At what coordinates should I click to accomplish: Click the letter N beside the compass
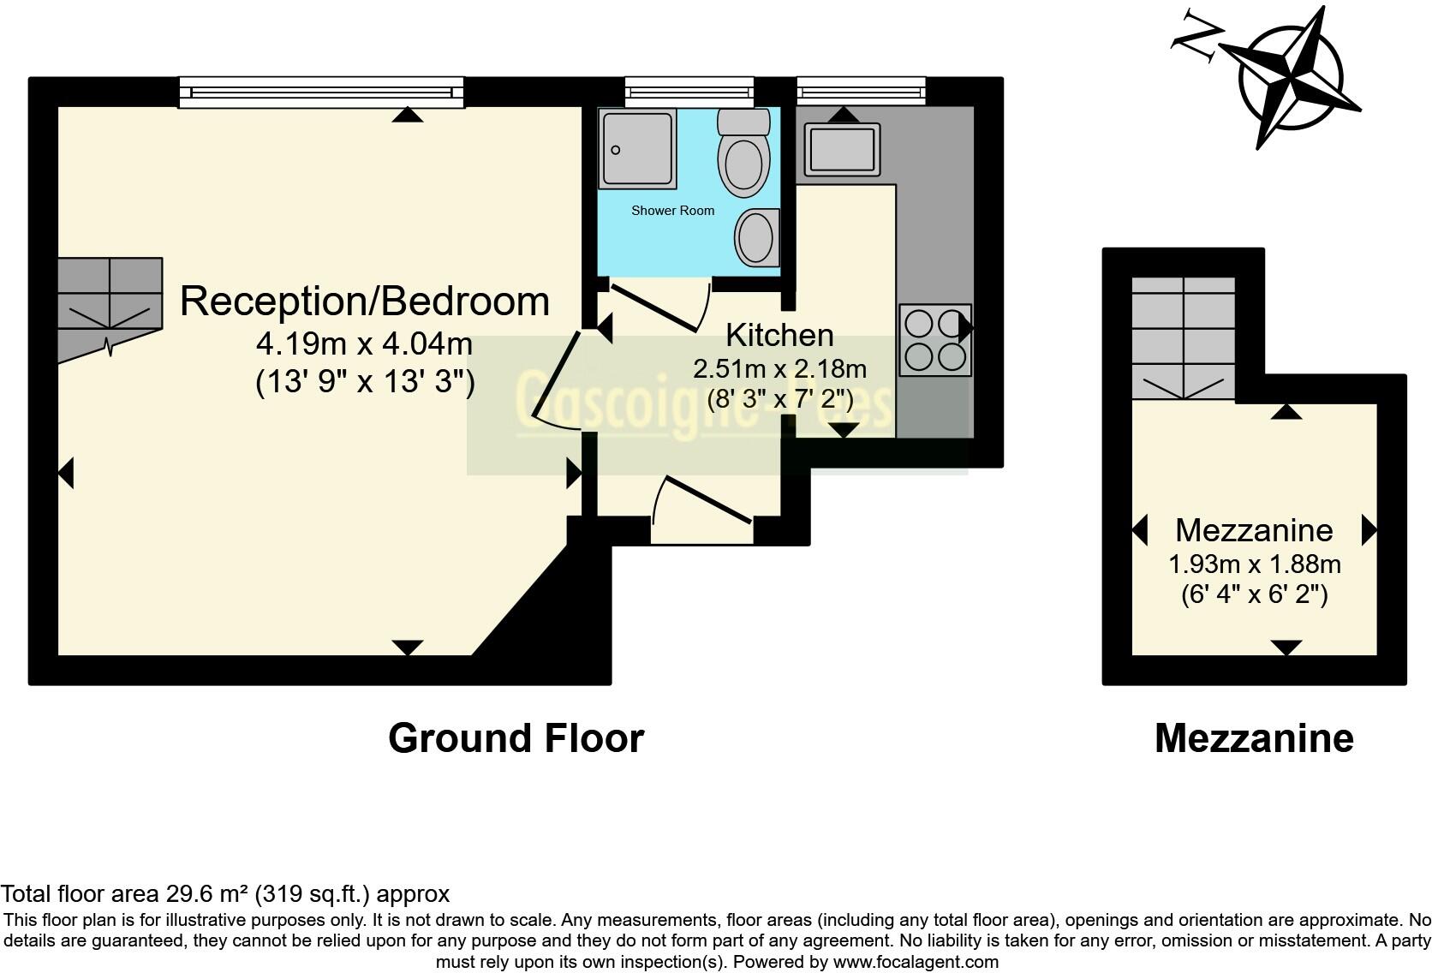[1196, 42]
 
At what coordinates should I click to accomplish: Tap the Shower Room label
[672, 211]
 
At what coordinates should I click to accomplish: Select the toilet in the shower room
[743, 155]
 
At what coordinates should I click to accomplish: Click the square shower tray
[636, 148]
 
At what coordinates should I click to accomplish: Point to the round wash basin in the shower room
[756, 237]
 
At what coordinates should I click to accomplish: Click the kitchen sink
[841, 149]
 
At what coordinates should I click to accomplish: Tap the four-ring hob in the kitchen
[934, 340]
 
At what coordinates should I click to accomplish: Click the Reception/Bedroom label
[364, 301]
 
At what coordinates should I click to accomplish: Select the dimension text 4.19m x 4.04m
[364, 344]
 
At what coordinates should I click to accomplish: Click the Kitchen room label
[779, 335]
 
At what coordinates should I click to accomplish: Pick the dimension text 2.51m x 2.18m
[779, 369]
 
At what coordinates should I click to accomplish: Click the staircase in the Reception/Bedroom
[110, 304]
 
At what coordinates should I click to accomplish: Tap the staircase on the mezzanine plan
[1184, 338]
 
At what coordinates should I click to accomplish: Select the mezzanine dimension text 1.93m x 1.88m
[1254, 564]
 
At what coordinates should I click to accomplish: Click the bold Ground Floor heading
[516, 738]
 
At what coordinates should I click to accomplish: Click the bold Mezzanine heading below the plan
[1253, 738]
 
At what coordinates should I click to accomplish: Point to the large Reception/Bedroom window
[321, 92]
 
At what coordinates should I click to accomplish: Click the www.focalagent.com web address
[916, 962]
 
